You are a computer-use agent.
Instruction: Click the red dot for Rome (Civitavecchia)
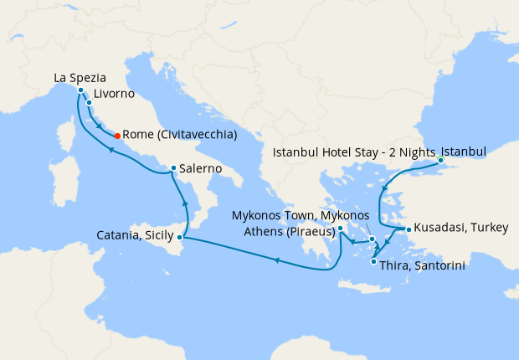click(x=116, y=136)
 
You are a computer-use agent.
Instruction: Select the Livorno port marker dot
click(x=89, y=103)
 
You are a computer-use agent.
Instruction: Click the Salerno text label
click(x=201, y=168)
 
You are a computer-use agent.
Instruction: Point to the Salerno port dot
click(x=173, y=168)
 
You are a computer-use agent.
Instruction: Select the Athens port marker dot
click(x=340, y=228)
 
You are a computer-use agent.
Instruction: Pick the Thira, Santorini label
click(x=422, y=265)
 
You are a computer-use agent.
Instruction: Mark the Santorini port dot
click(x=373, y=261)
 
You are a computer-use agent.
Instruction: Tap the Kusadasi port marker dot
click(x=408, y=229)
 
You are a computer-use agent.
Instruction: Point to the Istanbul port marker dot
click(x=440, y=160)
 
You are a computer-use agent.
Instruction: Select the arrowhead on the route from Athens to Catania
click(x=275, y=260)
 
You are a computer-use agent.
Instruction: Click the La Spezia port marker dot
click(x=80, y=90)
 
